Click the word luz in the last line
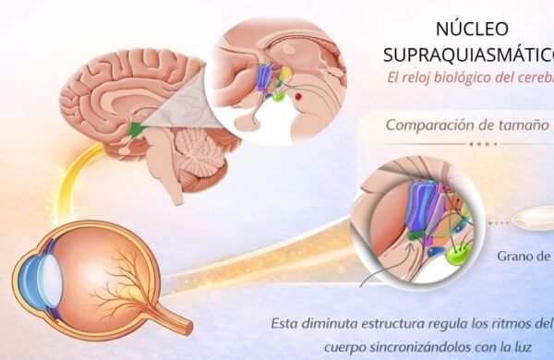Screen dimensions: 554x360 point(540,347)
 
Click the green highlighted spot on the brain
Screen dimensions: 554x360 point(139,128)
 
